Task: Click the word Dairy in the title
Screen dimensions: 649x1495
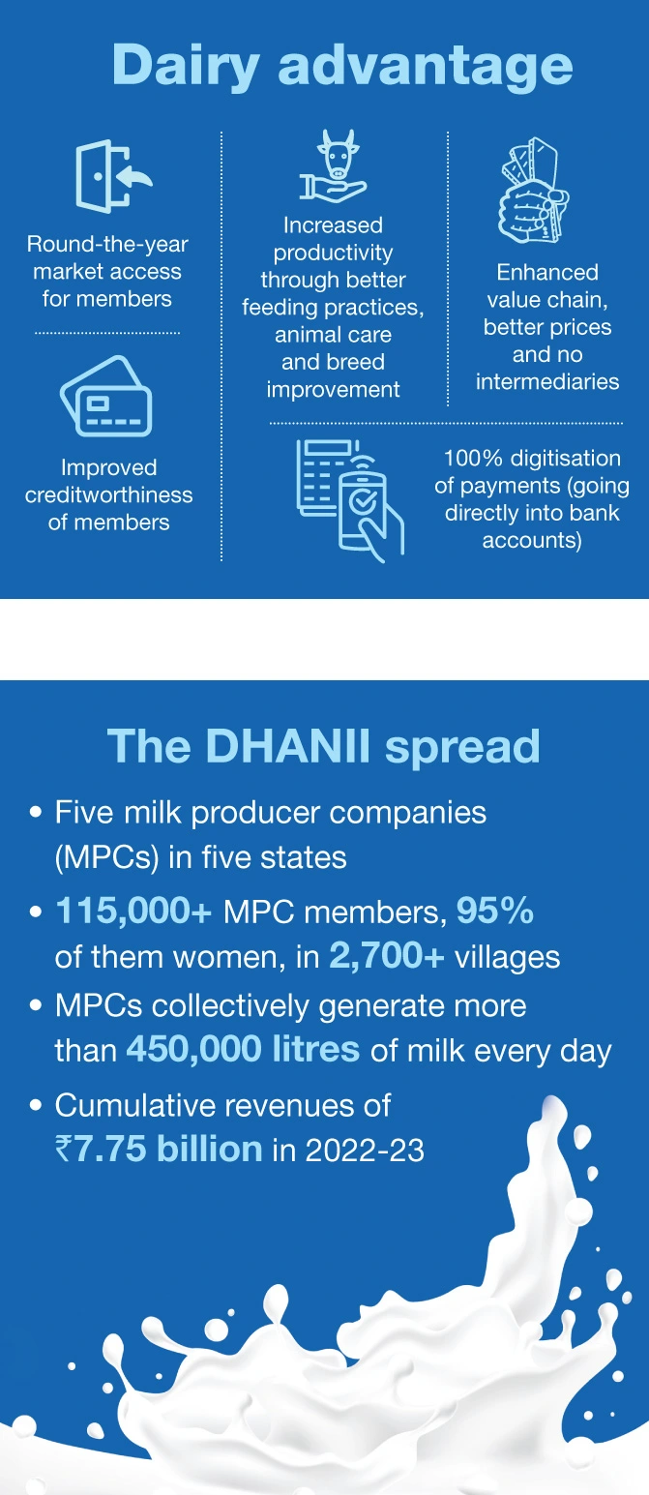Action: [x=186, y=67]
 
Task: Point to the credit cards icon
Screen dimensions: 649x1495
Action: [x=106, y=397]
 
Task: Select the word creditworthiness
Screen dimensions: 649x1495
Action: [x=108, y=494]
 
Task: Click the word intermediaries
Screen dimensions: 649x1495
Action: [x=547, y=381]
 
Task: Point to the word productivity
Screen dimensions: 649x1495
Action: [x=333, y=253]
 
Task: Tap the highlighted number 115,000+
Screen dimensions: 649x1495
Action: [x=133, y=911]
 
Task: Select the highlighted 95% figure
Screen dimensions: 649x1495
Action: [x=495, y=910]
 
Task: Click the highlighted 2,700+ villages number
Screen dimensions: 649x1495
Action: [x=387, y=956]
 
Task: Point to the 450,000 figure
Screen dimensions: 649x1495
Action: [x=194, y=1049]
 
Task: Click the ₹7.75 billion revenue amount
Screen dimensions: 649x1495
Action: [x=159, y=1149]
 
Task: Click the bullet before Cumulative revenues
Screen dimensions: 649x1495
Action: [x=36, y=1105]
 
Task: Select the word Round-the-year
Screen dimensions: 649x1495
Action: [x=107, y=244]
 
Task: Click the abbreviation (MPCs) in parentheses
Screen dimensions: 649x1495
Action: [x=106, y=857]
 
